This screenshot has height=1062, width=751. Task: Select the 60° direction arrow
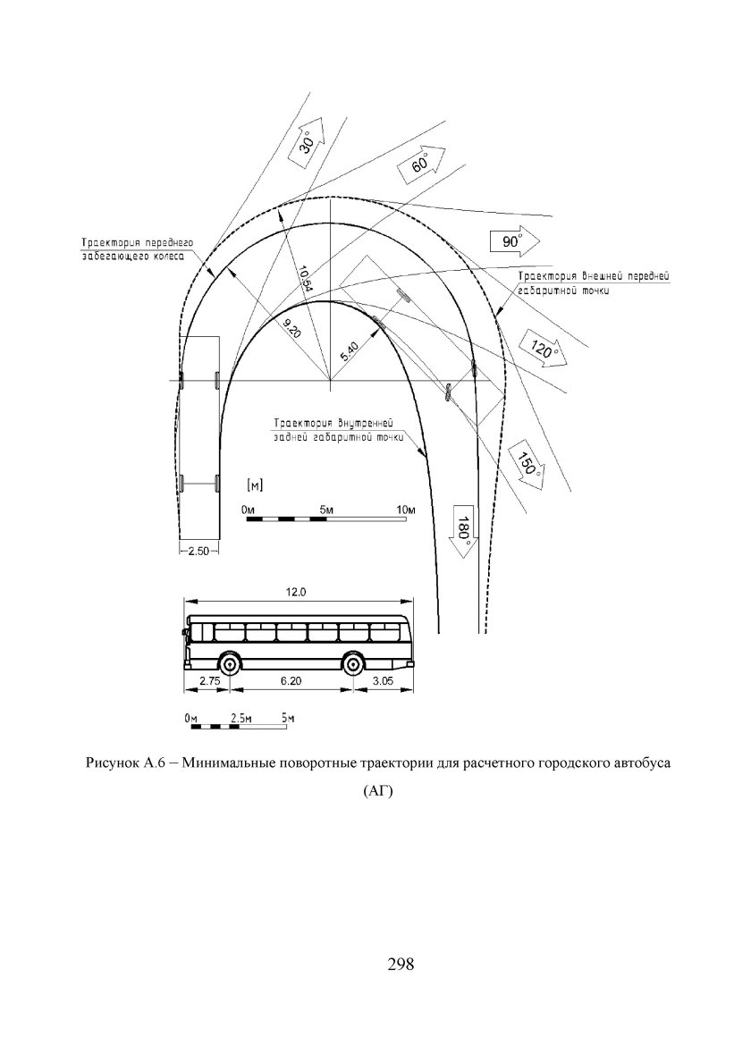coord(419,166)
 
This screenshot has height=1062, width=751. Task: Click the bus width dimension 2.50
coord(198,552)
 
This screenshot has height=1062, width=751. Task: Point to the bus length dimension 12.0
coord(296,593)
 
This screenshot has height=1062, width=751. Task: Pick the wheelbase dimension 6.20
coord(291,681)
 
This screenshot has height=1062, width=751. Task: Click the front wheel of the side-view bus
coord(230,664)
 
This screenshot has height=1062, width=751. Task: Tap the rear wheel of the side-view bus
coord(353,664)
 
